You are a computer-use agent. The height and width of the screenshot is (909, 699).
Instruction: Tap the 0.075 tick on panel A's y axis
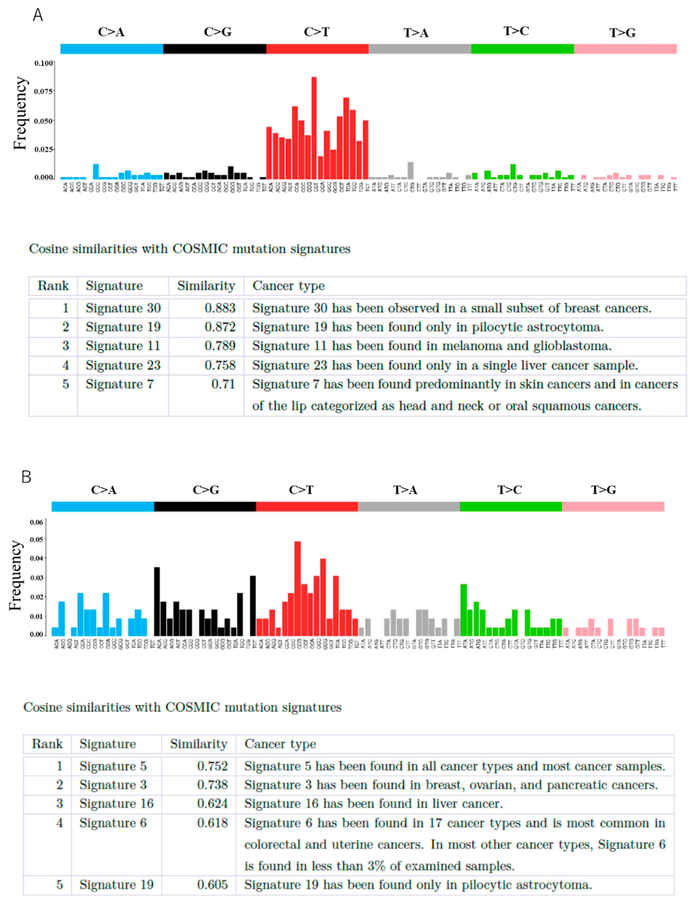point(43,91)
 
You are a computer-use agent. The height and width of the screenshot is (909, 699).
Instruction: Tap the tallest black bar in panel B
point(157,601)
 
